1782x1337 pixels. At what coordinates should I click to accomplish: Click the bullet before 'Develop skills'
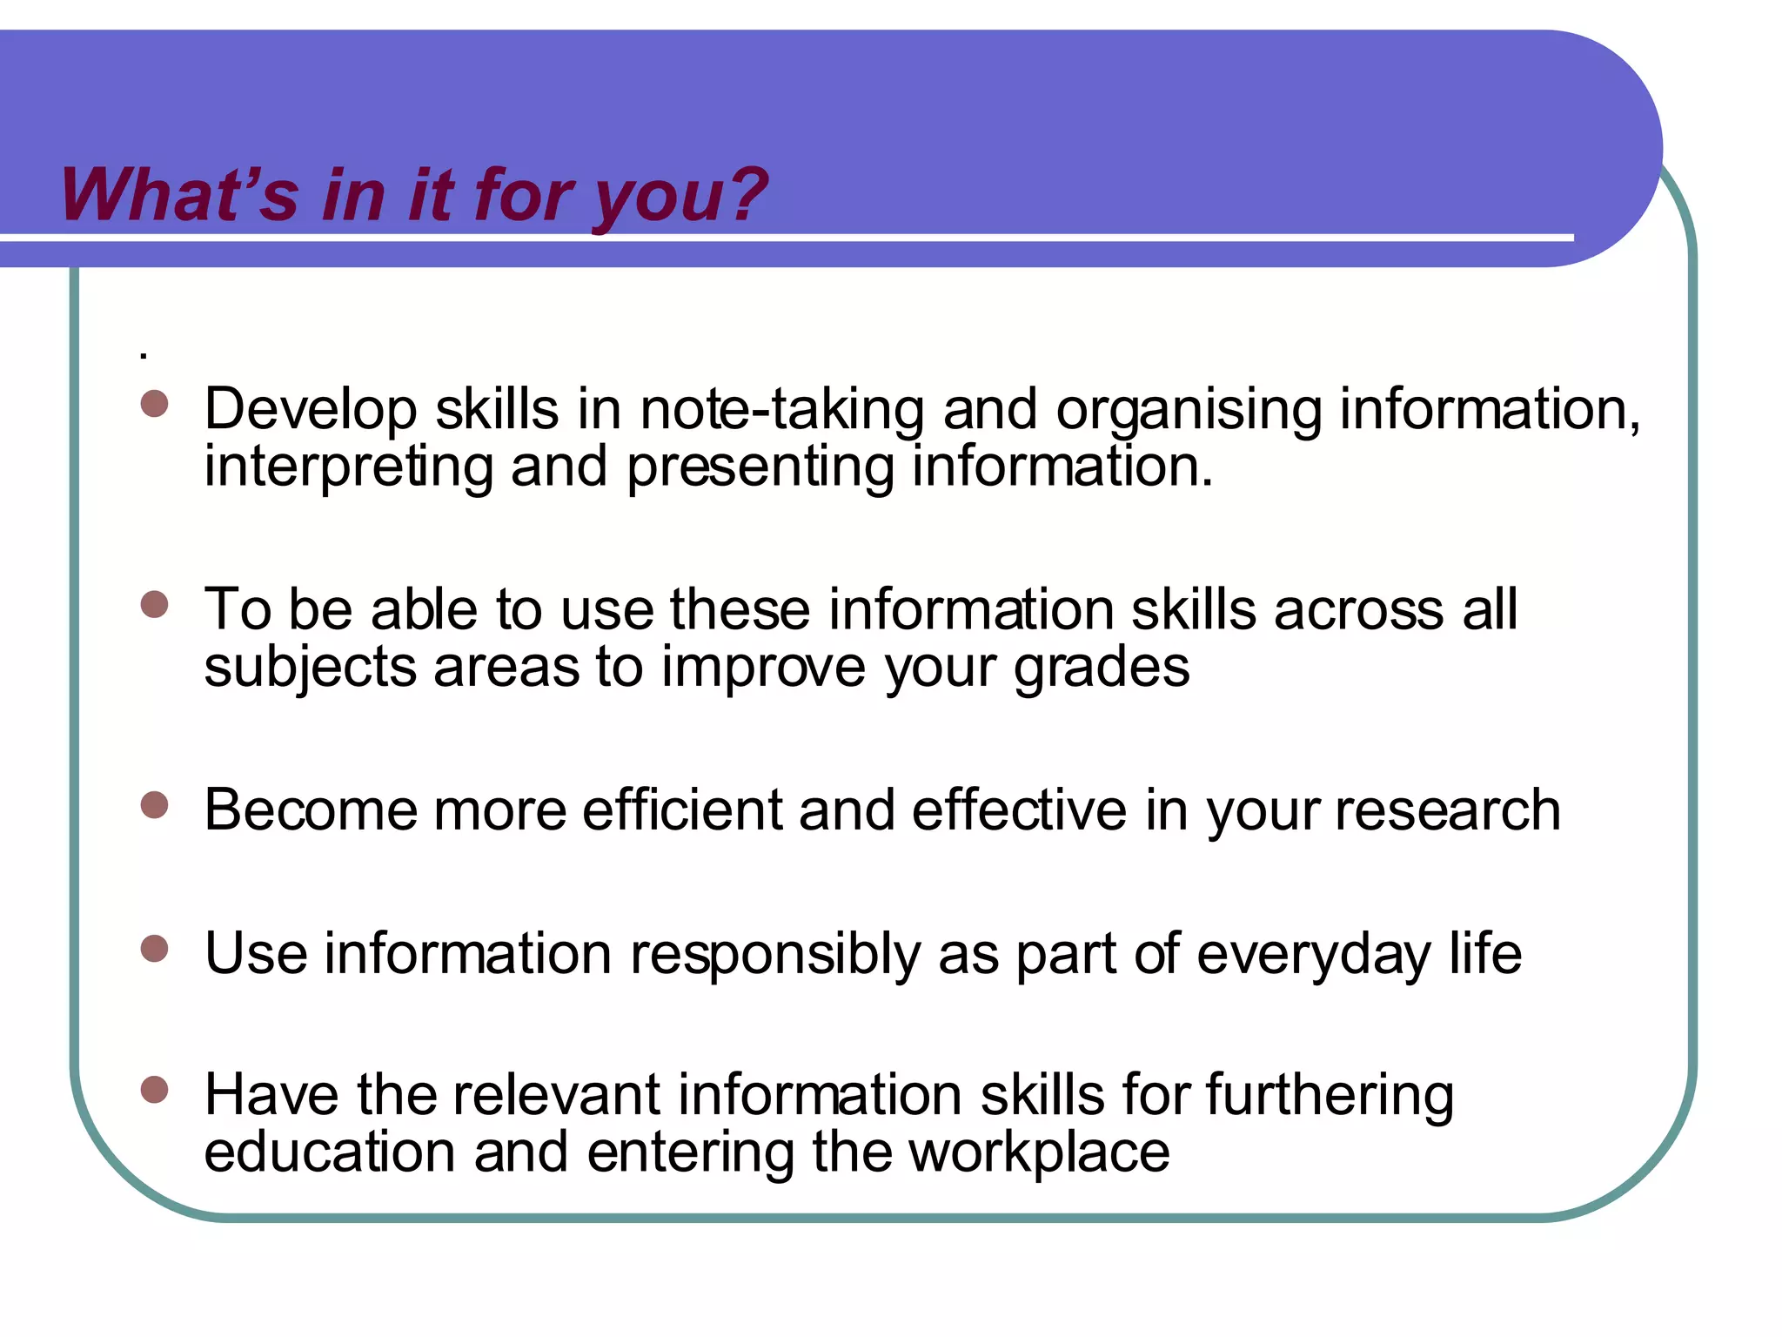coord(154,404)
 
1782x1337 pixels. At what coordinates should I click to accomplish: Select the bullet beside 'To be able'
coord(154,604)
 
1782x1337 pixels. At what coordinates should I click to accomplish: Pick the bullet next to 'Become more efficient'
coord(154,805)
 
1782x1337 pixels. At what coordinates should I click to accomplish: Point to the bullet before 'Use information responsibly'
coord(154,948)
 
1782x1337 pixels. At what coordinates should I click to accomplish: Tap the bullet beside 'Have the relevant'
coord(154,1090)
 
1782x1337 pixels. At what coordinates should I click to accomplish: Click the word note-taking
coord(781,409)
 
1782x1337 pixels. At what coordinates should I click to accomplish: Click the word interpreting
coord(348,468)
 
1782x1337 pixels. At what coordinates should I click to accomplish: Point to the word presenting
coord(760,468)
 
